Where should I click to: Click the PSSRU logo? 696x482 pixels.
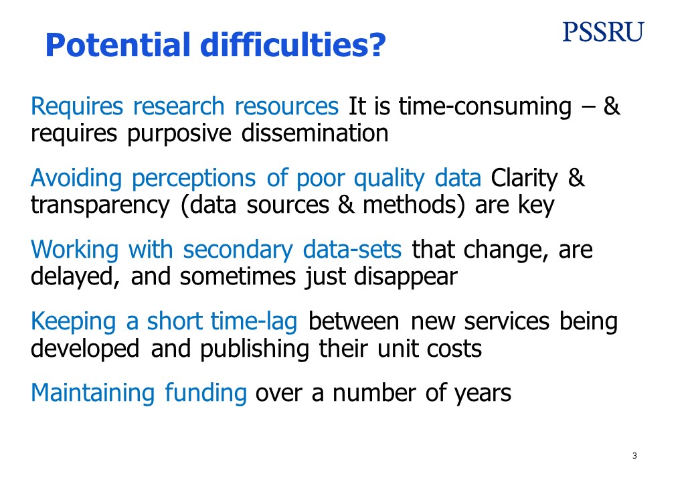pyautogui.click(x=603, y=32)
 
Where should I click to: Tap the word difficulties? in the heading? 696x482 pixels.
pyautogui.click(x=293, y=46)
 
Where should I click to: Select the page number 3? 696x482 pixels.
pyautogui.click(x=634, y=456)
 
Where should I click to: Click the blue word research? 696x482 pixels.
pyautogui.click(x=179, y=106)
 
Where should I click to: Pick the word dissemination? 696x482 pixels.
pyautogui.click(x=315, y=133)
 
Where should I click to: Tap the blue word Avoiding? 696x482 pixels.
pyautogui.click(x=76, y=179)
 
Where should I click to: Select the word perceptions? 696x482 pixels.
pyautogui.click(x=193, y=179)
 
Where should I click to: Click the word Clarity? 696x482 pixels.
pyautogui.click(x=524, y=179)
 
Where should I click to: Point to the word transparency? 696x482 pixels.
pyautogui.click(x=100, y=206)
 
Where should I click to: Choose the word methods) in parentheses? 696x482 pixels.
pyautogui.click(x=414, y=205)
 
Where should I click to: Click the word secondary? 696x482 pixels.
pyautogui.click(x=238, y=250)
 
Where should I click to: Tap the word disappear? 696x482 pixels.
pyautogui.click(x=406, y=278)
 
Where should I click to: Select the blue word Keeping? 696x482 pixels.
pyautogui.click(x=73, y=322)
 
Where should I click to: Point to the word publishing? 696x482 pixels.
pyautogui.click(x=254, y=349)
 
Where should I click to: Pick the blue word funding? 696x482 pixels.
pyautogui.click(x=206, y=394)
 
